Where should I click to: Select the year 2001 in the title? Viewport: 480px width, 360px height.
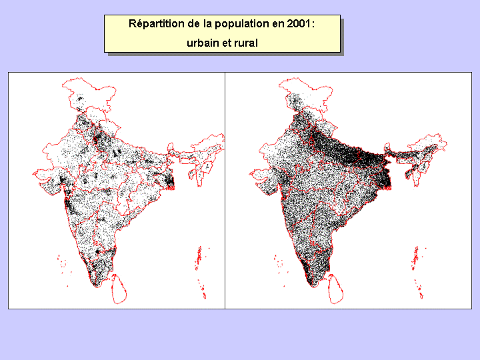click(x=300, y=24)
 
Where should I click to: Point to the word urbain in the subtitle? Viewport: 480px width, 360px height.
click(x=203, y=43)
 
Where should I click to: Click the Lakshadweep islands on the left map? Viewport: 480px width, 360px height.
click(x=62, y=263)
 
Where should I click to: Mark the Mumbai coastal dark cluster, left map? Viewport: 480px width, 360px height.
click(x=69, y=203)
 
